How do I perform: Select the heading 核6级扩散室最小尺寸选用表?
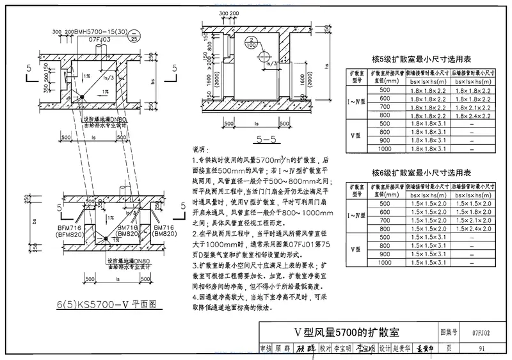point(421,173)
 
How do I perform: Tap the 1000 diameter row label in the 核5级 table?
point(385,150)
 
